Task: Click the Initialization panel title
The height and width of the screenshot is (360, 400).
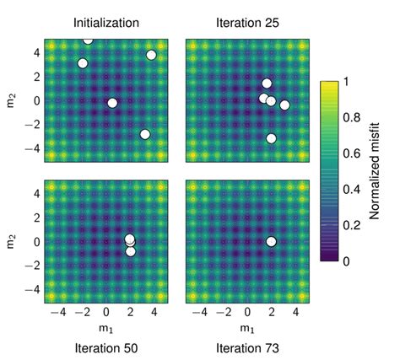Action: [x=106, y=23]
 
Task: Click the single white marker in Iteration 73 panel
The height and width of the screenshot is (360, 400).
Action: [x=271, y=242]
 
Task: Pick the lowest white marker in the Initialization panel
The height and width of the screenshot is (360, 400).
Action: [x=145, y=135]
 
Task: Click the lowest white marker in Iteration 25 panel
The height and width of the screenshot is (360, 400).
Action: [x=271, y=138]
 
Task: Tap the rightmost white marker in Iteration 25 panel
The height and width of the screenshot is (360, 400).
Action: [x=284, y=105]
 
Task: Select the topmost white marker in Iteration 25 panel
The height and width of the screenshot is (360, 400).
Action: [x=267, y=83]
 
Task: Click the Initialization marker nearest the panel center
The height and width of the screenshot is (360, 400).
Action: [x=112, y=103]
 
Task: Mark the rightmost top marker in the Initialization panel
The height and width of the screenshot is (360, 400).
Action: [x=151, y=56]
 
